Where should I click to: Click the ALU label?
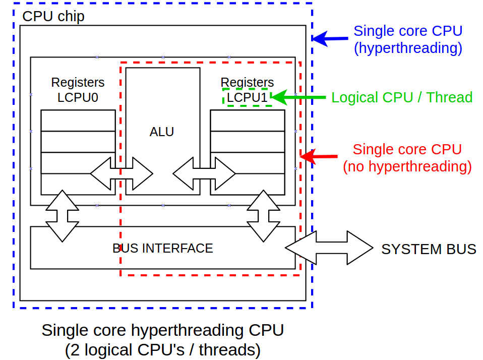(162, 132)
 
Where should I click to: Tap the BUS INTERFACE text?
(163, 248)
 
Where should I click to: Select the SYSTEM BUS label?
(429, 249)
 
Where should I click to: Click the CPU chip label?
(53, 17)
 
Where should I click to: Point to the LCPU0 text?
(78, 97)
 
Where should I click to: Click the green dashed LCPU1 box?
(247, 97)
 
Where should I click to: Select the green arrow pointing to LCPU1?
(299, 97)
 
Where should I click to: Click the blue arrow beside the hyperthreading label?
(330, 38)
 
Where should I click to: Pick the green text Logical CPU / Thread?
(402, 97)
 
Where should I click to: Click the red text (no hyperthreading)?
(407, 166)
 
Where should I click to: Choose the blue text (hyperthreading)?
(408, 48)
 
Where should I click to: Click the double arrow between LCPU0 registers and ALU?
(122, 174)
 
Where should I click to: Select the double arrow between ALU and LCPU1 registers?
(204, 174)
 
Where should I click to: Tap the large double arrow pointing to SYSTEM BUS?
(328, 248)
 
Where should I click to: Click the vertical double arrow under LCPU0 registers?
(62, 216)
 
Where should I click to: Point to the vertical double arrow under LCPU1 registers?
(264, 216)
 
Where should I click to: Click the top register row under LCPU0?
(78, 121)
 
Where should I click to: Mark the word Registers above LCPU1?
(247, 82)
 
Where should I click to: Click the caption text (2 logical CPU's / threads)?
(162, 349)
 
